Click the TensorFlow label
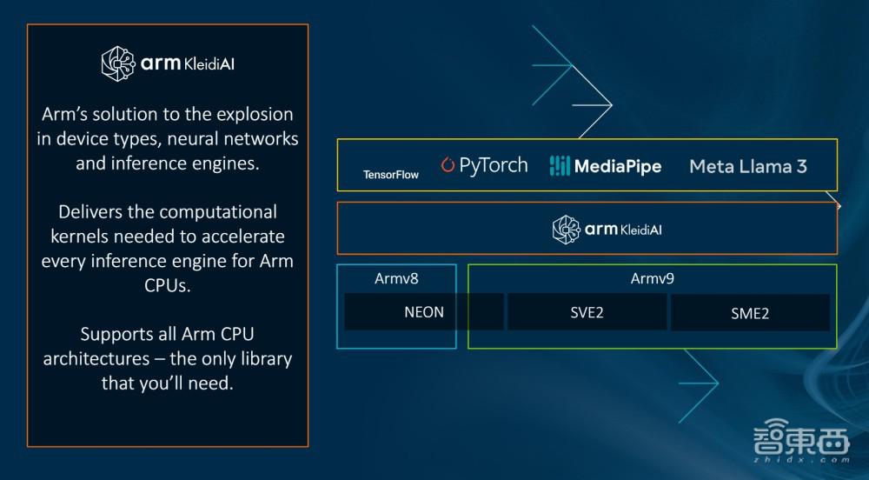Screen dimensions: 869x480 pyautogui.click(x=391, y=175)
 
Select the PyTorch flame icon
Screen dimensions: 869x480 pyautogui.click(x=448, y=164)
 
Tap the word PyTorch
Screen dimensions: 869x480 pyautogui.click(x=494, y=165)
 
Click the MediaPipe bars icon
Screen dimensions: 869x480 pyautogui.click(x=559, y=166)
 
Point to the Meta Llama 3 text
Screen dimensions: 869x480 pyautogui.click(x=747, y=166)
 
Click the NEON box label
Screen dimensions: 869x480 pyautogui.click(x=424, y=312)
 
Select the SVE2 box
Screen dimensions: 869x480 pyautogui.click(x=587, y=312)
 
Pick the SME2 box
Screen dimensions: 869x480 pyautogui.click(x=750, y=313)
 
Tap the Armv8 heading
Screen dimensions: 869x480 pyautogui.click(x=396, y=278)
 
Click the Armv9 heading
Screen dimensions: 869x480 pyautogui.click(x=653, y=278)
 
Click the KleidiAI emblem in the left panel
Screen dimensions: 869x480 pyautogui.click(x=118, y=63)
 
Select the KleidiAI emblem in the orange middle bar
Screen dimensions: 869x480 pyautogui.click(x=566, y=230)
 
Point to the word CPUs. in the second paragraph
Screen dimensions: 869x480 pyautogui.click(x=168, y=285)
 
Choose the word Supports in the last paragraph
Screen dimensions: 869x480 pyautogui.click(x=112, y=334)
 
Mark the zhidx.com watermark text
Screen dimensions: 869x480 pyautogui.click(x=801, y=459)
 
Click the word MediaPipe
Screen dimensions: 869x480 pyautogui.click(x=618, y=166)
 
